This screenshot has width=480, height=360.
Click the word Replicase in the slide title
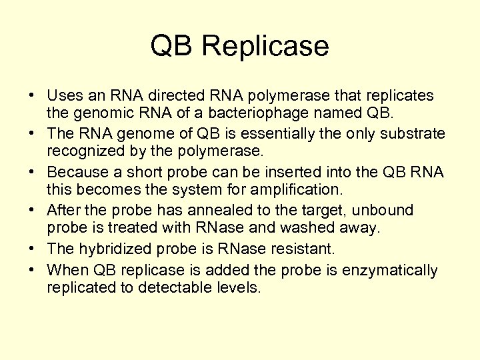click(265, 47)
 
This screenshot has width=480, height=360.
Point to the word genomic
click(99, 114)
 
